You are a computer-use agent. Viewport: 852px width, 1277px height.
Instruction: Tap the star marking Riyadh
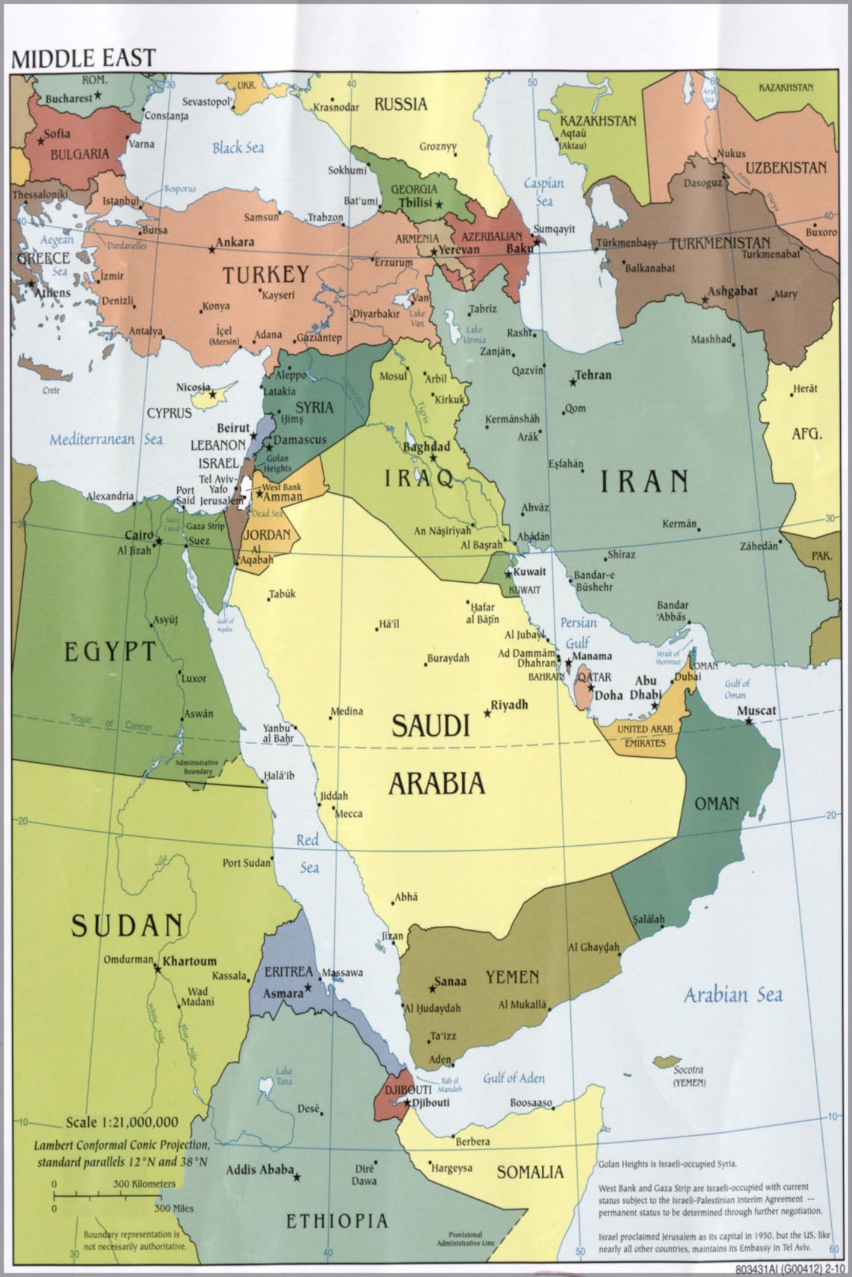point(487,714)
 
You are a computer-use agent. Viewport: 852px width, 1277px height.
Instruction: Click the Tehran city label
point(593,375)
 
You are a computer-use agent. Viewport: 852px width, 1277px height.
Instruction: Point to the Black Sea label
point(238,147)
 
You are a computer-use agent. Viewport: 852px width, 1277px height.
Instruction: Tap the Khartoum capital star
point(158,968)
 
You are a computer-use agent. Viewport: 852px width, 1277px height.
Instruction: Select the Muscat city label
point(756,711)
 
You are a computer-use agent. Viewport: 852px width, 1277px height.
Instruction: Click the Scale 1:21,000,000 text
point(122,1122)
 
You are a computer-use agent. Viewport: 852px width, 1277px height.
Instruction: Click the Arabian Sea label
point(733,995)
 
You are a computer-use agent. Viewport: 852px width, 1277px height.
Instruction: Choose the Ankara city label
point(235,242)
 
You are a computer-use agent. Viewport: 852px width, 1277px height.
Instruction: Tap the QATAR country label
point(594,677)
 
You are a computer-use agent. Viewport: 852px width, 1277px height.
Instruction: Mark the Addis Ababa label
point(259,1169)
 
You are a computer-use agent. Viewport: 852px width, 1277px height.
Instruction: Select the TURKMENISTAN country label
point(719,244)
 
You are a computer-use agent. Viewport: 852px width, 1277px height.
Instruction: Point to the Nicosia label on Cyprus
point(193,387)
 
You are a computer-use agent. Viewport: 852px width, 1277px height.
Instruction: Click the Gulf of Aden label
point(513,1077)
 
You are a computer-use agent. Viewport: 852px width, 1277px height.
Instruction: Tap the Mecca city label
point(349,813)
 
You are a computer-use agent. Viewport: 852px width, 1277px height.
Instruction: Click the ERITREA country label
point(288,971)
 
